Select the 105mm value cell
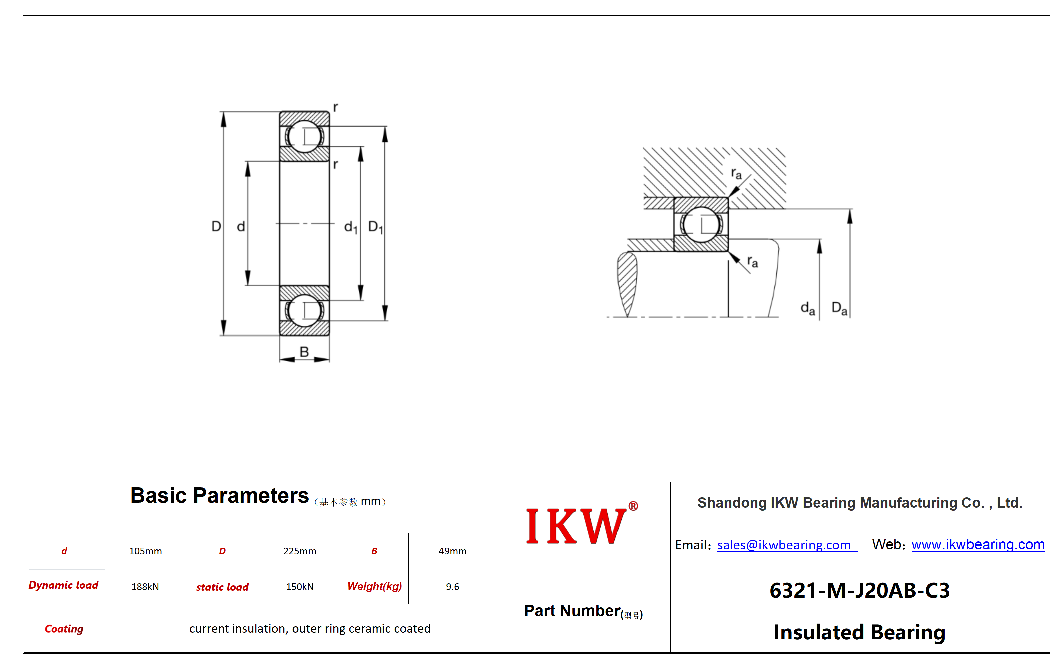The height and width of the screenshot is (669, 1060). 145,551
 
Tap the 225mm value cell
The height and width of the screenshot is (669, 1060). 299,551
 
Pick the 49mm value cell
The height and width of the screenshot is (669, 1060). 452,551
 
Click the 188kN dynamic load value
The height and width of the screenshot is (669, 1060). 145,586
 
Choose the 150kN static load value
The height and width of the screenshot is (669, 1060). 299,586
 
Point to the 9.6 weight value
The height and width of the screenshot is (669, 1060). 452,586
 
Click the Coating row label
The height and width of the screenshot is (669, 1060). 64,629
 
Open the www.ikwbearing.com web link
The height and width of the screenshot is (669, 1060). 978,545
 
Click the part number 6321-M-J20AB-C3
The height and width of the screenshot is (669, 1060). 859,590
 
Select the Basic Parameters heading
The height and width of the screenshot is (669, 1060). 219,496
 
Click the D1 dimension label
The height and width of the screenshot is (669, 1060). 375,227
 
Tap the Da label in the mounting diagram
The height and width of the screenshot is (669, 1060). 839,308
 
